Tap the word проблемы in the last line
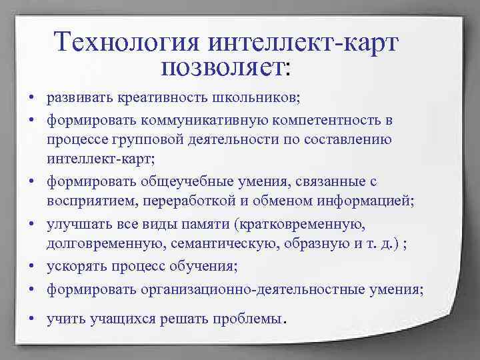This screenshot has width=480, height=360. point(253,318)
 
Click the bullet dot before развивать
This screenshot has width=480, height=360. point(31,99)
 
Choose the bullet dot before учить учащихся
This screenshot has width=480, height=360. point(31,319)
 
